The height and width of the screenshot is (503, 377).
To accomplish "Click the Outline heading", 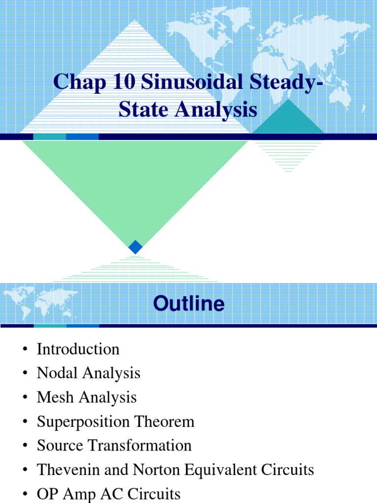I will (x=188, y=304).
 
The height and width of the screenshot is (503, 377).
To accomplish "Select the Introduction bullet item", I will (x=78, y=349).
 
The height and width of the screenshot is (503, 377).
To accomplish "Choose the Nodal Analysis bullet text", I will (x=88, y=373).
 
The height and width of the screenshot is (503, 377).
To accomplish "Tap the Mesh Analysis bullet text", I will (x=86, y=397).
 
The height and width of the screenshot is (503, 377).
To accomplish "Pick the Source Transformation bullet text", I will (x=114, y=446).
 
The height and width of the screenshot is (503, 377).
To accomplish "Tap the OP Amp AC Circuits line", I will (x=108, y=494).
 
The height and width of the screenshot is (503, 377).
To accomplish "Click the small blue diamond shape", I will (x=135, y=247).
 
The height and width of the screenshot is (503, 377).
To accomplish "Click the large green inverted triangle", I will (x=135, y=182).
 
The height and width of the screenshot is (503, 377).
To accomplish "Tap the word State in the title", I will (x=139, y=110).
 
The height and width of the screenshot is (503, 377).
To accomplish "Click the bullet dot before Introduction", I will (x=25, y=350).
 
